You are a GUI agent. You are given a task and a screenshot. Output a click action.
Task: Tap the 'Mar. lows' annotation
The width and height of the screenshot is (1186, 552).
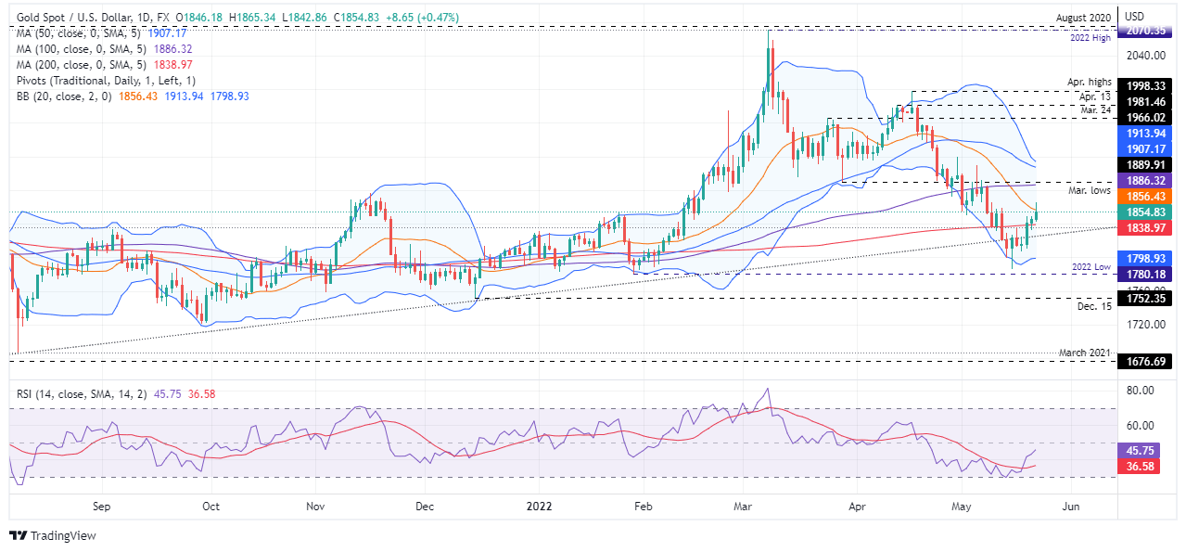click(1090, 190)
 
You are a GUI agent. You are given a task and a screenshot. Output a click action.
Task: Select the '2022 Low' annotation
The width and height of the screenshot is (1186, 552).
click(1090, 266)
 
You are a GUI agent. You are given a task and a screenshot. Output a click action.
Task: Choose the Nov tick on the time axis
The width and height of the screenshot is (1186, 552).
click(316, 507)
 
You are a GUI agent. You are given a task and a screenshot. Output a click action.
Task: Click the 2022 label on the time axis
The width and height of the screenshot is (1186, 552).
click(539, 507)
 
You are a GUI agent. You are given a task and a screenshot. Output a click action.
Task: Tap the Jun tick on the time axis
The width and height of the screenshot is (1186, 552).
click(1072, 507)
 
